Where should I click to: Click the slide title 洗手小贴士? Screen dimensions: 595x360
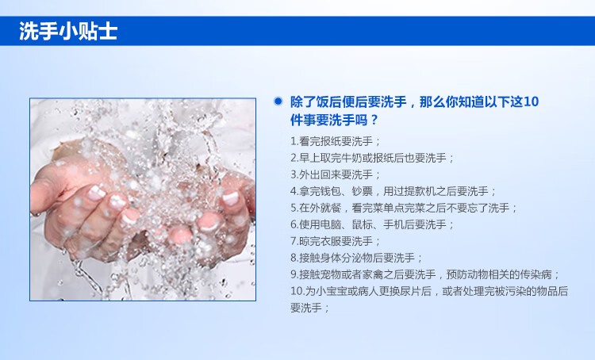click(68, 31)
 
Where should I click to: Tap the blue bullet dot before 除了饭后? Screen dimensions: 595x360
click(278, 101)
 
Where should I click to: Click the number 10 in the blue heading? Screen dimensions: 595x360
click(532, 101)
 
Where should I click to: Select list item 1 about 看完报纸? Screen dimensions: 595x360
click(336, 141)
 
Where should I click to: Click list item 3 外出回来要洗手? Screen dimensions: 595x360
click(336, 175)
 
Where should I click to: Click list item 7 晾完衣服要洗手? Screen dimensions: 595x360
click(336, 242)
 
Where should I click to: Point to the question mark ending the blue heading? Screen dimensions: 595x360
click(374, 121)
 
